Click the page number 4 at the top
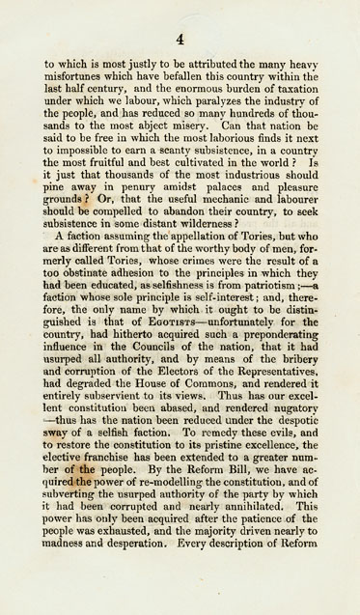pos(180,40)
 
